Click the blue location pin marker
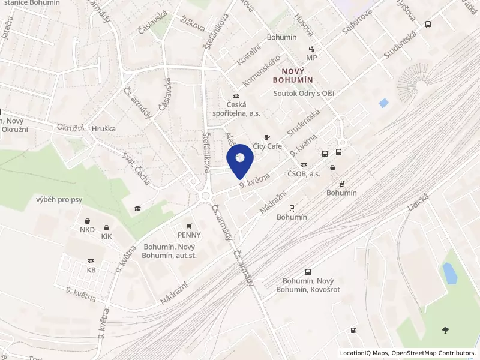click(240, 160)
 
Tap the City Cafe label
click(268, 146)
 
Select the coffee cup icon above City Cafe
click(268, 137)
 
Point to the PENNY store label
click(189, 235)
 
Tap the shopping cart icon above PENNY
click(189, 226)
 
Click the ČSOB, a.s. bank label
click(304, 173)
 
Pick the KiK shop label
click(106, 237)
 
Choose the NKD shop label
click(88, 230)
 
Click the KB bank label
click(91, 270)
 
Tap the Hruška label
click(104, 128)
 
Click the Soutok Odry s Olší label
click(304, 93)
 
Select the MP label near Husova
click(311, 58)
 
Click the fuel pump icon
click(353, 329)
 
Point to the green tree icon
click(445, 329)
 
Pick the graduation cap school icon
click(137, 208)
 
